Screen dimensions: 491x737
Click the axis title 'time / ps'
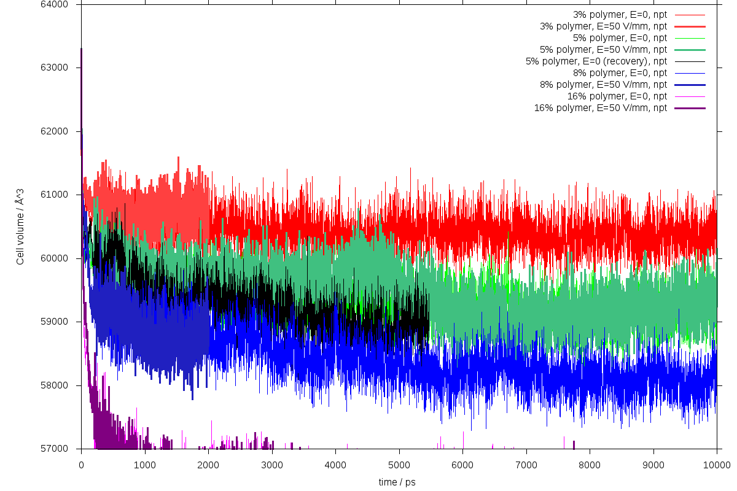point(397,482)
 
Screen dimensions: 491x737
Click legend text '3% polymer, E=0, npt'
point(620,14)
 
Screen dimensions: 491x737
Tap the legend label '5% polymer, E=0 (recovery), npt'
point(596,61)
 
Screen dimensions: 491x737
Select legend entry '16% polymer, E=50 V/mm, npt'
point(601,108)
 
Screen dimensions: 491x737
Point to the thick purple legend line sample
point(689,108)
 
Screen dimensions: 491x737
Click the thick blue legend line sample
point(689,85)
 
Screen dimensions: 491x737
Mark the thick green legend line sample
point(689,50)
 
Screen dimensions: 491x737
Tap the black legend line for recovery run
point(689,61)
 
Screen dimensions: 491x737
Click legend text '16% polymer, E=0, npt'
point(617,96)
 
